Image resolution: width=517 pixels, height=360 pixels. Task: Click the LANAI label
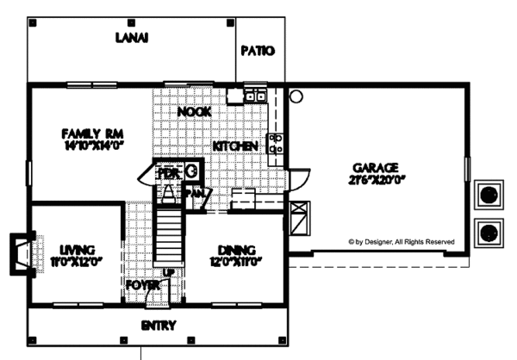point(133,38)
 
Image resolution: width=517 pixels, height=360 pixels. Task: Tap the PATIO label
point(257,51)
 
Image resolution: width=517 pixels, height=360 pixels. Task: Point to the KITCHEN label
point(235,147)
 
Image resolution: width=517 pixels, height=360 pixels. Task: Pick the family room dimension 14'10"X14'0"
point(88,146)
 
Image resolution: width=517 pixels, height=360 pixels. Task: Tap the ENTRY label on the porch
point(159,326)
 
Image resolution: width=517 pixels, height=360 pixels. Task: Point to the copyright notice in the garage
point(401,243)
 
